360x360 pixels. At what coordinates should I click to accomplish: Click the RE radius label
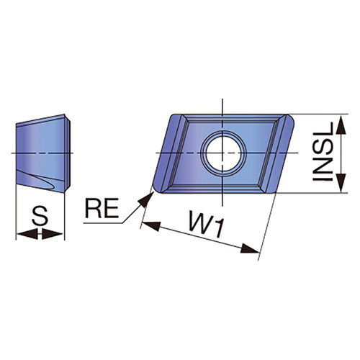(x=102, y=208)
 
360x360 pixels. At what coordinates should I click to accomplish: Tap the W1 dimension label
(x=206, y=224)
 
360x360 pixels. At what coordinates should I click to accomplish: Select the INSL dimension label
(x=323, y=152)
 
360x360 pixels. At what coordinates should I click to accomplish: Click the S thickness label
(x=40, y=216)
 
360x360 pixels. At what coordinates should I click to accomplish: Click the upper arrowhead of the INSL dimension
(x=341, y=124)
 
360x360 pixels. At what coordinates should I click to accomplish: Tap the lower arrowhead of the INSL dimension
(x=341, y=183)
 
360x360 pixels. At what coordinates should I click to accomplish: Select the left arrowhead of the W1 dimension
(x=151, y=226)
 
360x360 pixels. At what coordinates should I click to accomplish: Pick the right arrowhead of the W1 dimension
(x=250, y=249)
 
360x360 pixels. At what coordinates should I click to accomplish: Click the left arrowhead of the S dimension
(x=27, y=234)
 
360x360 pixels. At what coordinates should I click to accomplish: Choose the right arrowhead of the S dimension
(x=53, y=234)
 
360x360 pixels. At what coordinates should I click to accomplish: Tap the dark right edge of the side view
(x=68, y=153)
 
